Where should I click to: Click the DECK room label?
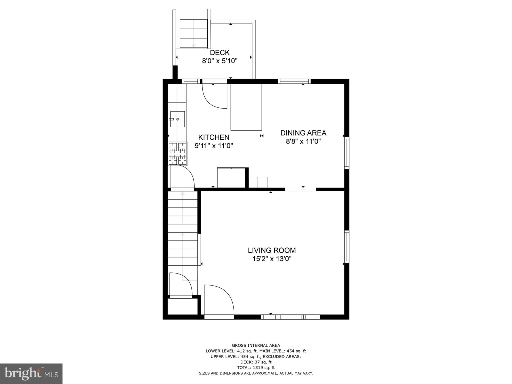tap(219, 52)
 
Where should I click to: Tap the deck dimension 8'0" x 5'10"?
tap(219, 61)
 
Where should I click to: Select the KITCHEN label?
tap(214, 137)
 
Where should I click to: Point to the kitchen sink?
tap(177, 119)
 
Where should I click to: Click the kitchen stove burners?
tap(178, 153)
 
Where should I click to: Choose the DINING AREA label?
tap(303, 133)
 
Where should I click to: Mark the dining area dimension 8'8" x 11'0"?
tap(303, 141)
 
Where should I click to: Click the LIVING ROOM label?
tap(272, 250)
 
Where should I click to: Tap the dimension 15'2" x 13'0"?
tap(272, 259)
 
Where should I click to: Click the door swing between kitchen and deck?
tap(214, 96)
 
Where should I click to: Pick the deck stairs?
tap(194, 33)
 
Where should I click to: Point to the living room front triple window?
tap(291, 317)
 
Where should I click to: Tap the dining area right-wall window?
tap(347, 152)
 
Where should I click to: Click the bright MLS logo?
tap(31, 374)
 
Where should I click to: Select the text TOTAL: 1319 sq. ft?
tap(256, 367)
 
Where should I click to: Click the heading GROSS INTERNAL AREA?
tap(256, 345)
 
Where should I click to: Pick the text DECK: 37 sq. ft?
tap(256, 362)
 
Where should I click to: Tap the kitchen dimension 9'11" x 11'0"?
tap(214, 146)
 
